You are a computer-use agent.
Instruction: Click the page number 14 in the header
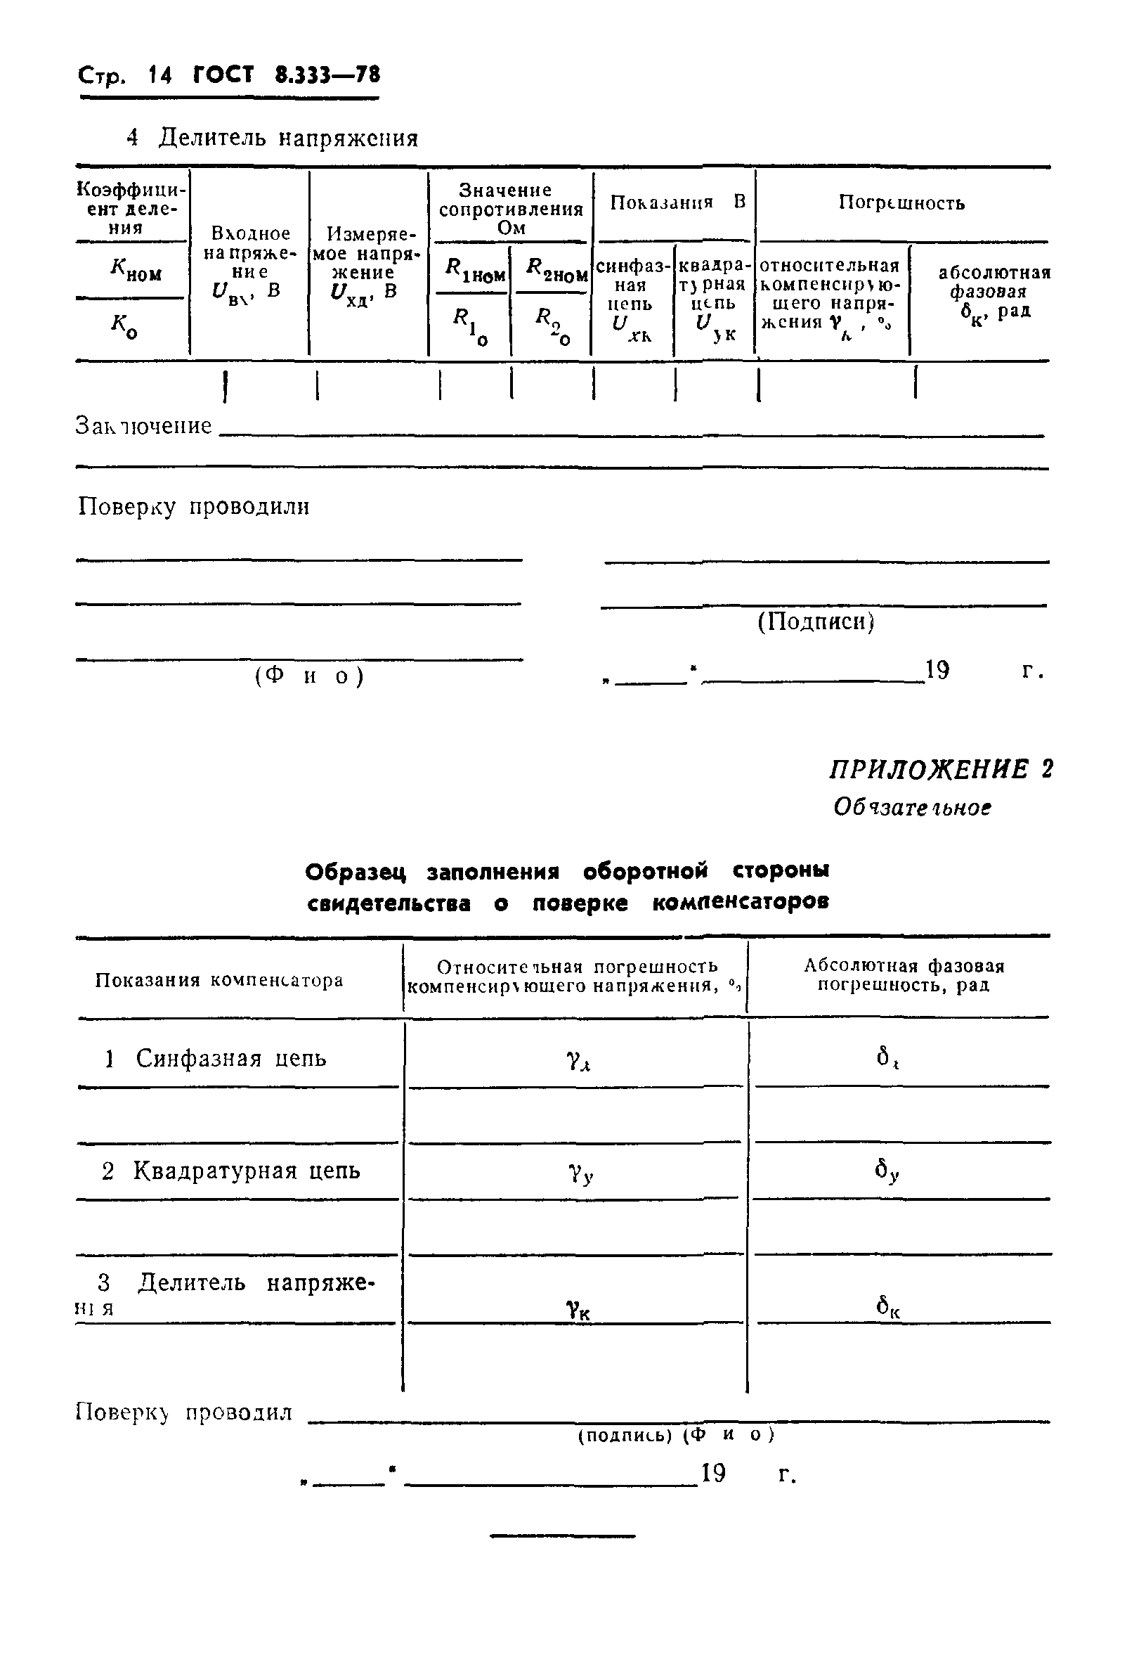click(159, 75)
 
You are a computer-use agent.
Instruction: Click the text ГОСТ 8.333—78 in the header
click(286, 75)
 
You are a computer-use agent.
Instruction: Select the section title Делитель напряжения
click(287, 137)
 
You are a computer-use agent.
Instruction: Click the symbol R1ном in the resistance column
click(474, 271)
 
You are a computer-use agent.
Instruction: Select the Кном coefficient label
click(135, 271)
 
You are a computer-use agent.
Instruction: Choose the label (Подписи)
click(816, 622)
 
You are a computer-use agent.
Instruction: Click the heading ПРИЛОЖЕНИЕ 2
click(941, 770)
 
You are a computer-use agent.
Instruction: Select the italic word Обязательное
click(912, 808)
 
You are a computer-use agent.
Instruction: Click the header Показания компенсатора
click(219, 980)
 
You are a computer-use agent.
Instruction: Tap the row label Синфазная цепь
click(230, 1059)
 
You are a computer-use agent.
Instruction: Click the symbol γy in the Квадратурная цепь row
click(580, 1173)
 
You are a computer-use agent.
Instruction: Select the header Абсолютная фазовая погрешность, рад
click(903, 975)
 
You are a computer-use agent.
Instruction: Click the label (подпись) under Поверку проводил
click(624, 1434)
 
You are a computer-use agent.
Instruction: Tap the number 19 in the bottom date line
click(713, 1474)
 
